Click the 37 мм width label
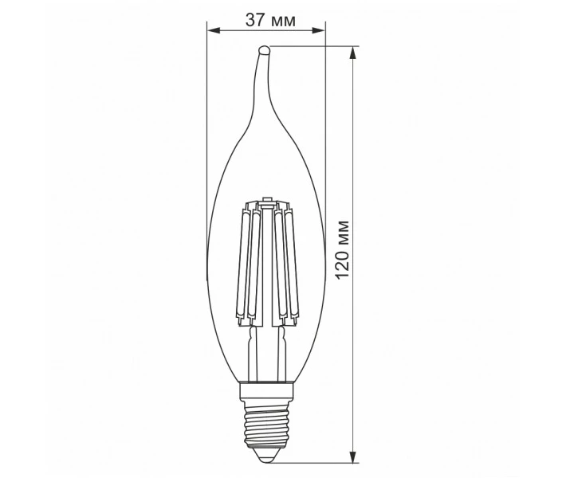[270, 20]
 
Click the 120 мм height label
[342, 249]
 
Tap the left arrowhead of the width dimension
[214, 30]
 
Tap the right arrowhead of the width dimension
[318, 30]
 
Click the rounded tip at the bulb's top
[264, 49]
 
